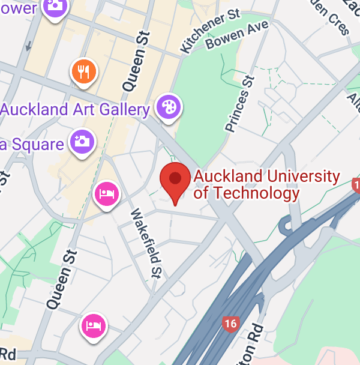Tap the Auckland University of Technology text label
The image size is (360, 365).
[266, 184]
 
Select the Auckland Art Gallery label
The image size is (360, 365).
[75, 110]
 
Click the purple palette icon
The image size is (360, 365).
[169, 107]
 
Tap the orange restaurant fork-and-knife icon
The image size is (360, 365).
[83, 72]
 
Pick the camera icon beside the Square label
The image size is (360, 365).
[81, 142]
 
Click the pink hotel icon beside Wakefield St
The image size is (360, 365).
[107, 193]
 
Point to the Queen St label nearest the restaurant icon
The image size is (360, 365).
[136, 62]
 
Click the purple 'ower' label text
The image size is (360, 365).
[18, 8]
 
